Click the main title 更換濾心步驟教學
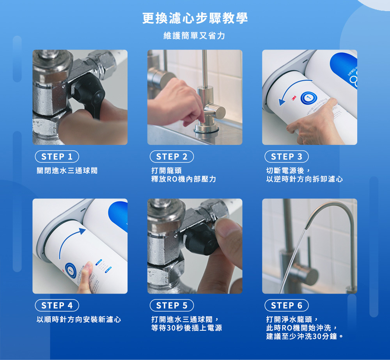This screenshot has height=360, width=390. (x=195, y=18)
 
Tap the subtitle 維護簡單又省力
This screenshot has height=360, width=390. (x=195, y=36)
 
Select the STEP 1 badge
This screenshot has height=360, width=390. (x=57, y=157)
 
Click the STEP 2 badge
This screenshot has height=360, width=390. (x=172, y=157)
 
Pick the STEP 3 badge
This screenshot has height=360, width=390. (x=286, y=157)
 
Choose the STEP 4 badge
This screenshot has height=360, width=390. (x=57, y=305)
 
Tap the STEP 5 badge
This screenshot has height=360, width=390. (x=172, y=305)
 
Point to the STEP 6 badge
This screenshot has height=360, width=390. (x=286, y=305)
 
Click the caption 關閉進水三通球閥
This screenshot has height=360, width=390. (x=67, y=171)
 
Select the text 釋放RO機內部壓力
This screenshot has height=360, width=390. (x=183, y=179)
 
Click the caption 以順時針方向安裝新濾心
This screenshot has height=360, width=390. (x=79, y=319)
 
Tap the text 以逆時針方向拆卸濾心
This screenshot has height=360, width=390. (x=305, y=179)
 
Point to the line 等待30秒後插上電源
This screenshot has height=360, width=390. (x=186, y=328)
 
